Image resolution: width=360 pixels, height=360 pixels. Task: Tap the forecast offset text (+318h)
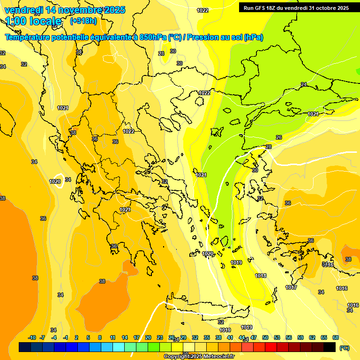(x=83, y=21)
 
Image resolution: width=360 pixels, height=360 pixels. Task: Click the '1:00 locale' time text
(x=33, y=21)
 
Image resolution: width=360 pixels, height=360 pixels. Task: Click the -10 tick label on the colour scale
(x=32, y=337)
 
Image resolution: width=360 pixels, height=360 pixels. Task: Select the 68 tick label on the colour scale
(x=336, y=337)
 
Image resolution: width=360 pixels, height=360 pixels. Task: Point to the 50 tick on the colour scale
(x=265, y=337)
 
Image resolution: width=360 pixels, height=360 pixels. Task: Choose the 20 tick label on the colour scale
(x=148, y=337)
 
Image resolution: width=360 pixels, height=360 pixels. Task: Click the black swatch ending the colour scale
(x=330, y=347)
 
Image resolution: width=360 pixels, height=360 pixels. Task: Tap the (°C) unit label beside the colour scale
(x=344, y=347)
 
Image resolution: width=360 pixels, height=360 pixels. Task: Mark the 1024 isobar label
(x=62, y=108)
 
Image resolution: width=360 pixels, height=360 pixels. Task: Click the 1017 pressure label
(x=291, y=287)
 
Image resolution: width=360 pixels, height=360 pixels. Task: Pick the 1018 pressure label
(x=261, y=276)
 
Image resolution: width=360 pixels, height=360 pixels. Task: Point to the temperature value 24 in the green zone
(x=304, y=84)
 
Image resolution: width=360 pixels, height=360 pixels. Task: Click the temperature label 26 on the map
(x=279, y=137)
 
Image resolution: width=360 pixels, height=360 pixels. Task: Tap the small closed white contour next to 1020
(x=58, y=183)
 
